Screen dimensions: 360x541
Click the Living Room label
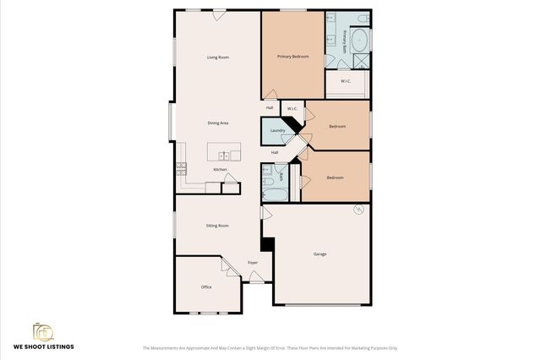[218, 57]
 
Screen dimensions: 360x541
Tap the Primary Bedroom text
[292, 57]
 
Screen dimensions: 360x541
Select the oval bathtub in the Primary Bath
[359, 39]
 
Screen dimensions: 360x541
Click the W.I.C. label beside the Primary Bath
[346, 81]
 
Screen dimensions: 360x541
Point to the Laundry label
[276, 131]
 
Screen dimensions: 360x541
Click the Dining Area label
[218, 123]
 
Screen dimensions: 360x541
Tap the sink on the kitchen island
[225, 155]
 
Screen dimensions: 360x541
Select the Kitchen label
[220, 170]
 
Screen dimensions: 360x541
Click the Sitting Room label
[217, 226]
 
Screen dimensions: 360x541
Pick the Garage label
[320, 254]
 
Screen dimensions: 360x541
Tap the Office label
[206, 287]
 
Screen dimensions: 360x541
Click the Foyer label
[252, 264]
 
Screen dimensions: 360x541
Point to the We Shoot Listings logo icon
[42, 332]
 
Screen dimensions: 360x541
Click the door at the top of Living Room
[219, 14]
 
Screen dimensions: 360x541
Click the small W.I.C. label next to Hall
[291, 109]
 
